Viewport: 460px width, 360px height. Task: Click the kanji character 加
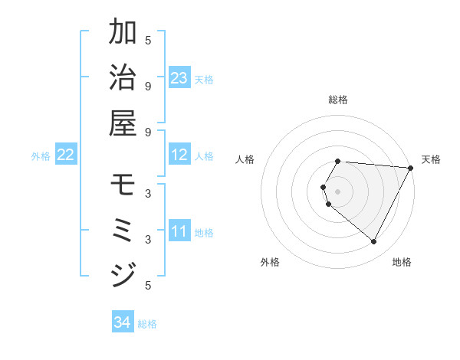pyautogui.click(x=123, y=33)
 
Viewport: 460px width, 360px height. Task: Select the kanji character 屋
pyautogui.click(x=123, y=122)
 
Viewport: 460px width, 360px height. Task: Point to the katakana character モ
pyautogui.click(x=123, y=185)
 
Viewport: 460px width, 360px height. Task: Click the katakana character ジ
pyautogui.click(x=123, y=274)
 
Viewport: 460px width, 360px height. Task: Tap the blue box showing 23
pyautogui.click(x=179, y=78)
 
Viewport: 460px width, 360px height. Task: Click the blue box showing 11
pyautogui.click(x=179, y=231)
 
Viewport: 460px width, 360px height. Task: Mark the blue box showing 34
pyautogui.click(x=123, y=322)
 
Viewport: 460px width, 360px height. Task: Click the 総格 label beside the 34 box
pyautogui.click(x=147, y=324)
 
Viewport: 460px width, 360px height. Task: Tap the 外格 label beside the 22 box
pyautogui.click(x=41, y=156)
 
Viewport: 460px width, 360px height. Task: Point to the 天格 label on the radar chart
pyautogui.click(x=431, y=159)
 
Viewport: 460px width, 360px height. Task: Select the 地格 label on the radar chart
pyautogui.click(x=402, y=262)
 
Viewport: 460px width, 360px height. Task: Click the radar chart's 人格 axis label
pyautogui.click(x=245, y=159)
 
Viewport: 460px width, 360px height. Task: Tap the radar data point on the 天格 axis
pyautogui.click(x=411, y=168)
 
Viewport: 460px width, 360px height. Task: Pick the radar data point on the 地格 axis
pyautogui.click(x=374, y=242)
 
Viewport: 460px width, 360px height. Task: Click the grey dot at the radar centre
pyautogui.click(x=338, y=191)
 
